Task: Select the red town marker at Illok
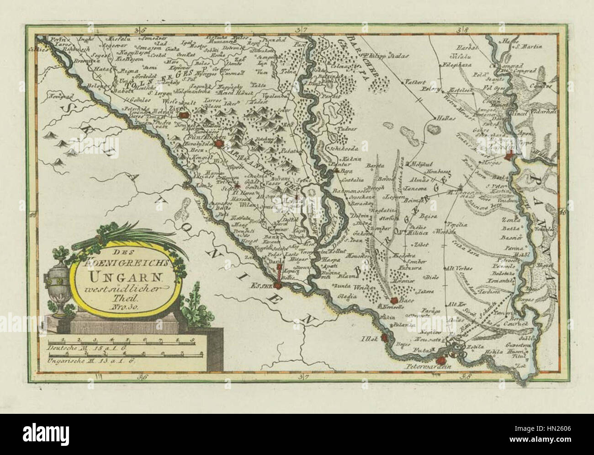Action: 385,339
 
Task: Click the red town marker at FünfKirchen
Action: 220,145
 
